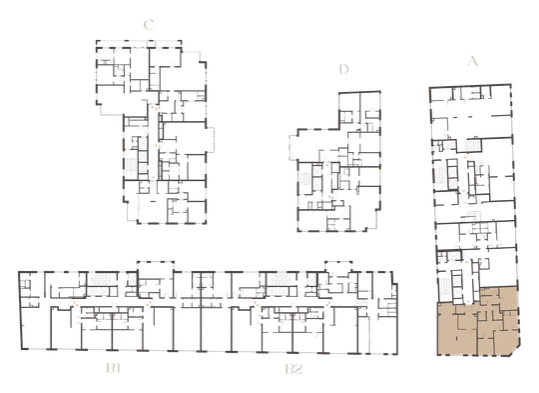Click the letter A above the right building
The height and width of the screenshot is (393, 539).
473,61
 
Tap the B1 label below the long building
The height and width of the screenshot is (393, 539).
114,369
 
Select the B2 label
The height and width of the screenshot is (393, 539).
293,369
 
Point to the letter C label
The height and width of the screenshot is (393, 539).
149,25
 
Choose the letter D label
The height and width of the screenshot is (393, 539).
343,69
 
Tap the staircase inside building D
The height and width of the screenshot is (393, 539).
304,179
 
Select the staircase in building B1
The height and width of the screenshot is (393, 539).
102,278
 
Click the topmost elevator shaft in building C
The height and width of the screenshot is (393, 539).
143,143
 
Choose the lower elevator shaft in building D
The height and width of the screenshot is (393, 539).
317,183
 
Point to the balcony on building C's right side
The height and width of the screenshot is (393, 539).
210,139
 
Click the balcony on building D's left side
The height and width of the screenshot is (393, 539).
293,147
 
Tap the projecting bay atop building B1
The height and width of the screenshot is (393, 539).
156,267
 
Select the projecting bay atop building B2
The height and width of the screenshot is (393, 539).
338,267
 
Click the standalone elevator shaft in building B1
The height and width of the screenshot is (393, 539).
132,279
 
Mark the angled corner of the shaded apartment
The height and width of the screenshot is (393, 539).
515,351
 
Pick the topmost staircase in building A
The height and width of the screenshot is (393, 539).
472,146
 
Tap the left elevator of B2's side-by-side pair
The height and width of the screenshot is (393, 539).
272,291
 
